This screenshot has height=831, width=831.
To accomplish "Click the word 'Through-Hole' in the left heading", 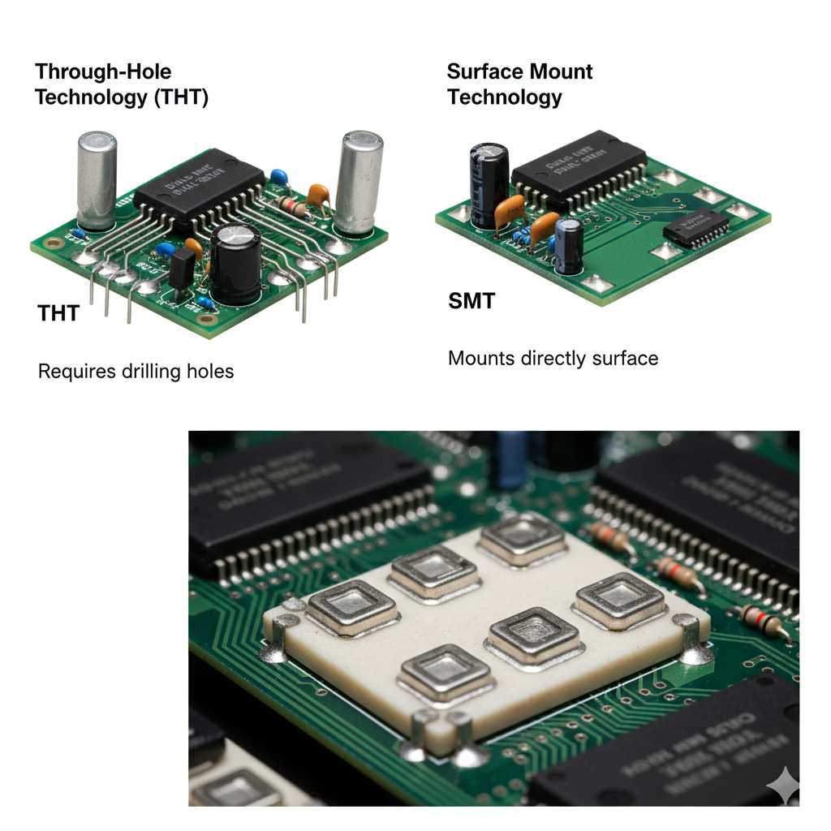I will [103, 73].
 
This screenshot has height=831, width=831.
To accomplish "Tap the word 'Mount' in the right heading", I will [557, 72].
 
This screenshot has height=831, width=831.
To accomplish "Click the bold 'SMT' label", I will [471, 301].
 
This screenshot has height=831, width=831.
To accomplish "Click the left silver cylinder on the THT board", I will [97, 179].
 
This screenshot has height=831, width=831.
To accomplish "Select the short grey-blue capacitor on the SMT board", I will [569, 243].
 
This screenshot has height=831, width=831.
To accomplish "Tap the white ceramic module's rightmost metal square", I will [621, 599].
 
